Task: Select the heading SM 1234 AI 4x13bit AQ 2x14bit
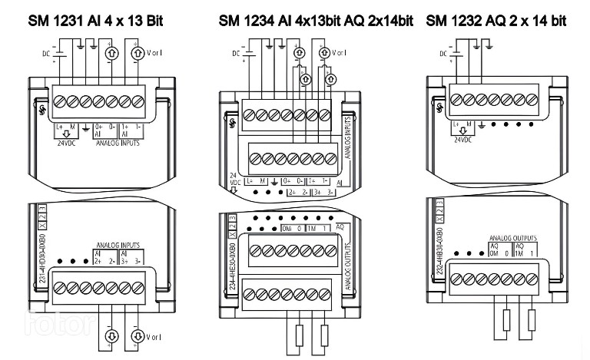point(316,20)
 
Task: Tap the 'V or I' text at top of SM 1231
point(157,54)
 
